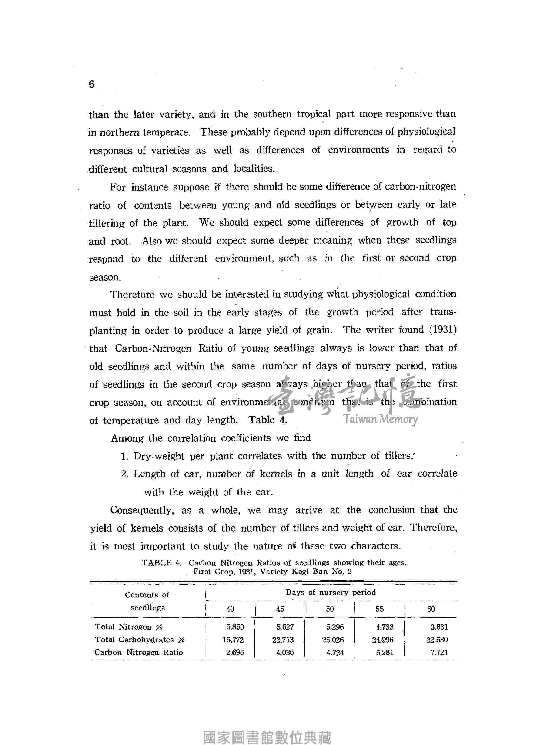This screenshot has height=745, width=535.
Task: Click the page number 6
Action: pyautogui.click(x=91, y=85)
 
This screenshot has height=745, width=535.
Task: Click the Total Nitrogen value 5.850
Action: pyautogui.click(x=235, y=627)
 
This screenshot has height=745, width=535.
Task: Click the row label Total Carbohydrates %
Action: pyautogui.click(x=140, y=640)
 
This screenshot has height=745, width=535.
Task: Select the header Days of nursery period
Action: pyautogui.click(x=331, y=592)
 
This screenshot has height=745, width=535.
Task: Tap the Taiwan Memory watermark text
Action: pyautogui.click(x=381, y=419)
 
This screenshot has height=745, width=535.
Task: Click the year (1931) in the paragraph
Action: pyautogui.click(x=443, y=329)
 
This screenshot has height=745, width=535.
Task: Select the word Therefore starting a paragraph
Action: pyautogui.click(x=132, y=294)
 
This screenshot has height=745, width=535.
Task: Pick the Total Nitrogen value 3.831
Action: pyautogui.click(x=439, y=627)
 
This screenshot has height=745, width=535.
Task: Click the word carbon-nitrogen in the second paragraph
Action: pyautogui.click(x=420, y=186)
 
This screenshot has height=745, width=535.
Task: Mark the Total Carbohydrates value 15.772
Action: pyautogui.click(x=233, y=640)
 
